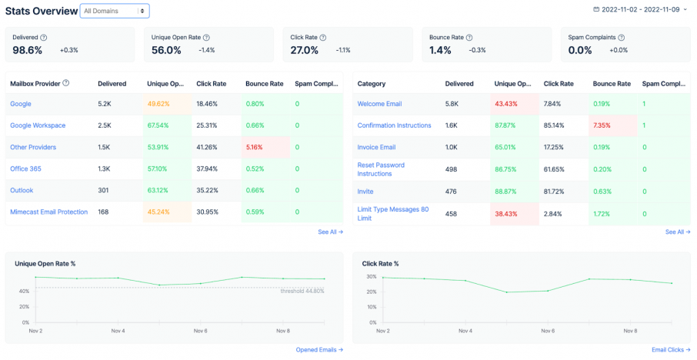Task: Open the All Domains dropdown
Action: (x=115, y=11)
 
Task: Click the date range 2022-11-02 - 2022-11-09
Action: (x=645, y=9)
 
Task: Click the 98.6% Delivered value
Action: (x=28, y=50)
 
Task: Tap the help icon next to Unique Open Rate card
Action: (x=206, y=37)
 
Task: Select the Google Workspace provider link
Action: (x=38, y=125)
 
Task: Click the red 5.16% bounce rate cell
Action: (x=255, y=147)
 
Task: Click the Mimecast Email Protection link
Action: (x=48, y=212)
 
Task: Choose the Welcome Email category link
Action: (x=380, y=104)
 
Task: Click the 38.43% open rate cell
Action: (x=505, y=212)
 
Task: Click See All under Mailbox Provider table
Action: (x=330, y=232)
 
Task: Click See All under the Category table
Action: (x=677, y=232)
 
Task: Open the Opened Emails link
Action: (x=319, y=349)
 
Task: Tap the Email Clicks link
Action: (x=670, y=349)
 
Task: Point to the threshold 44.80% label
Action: (x=302, y=291)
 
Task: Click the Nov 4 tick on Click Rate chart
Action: (x=464, y=331)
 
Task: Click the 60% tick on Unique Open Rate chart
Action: (x=25, y=276)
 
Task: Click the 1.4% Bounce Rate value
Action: (x=440, y=50)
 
